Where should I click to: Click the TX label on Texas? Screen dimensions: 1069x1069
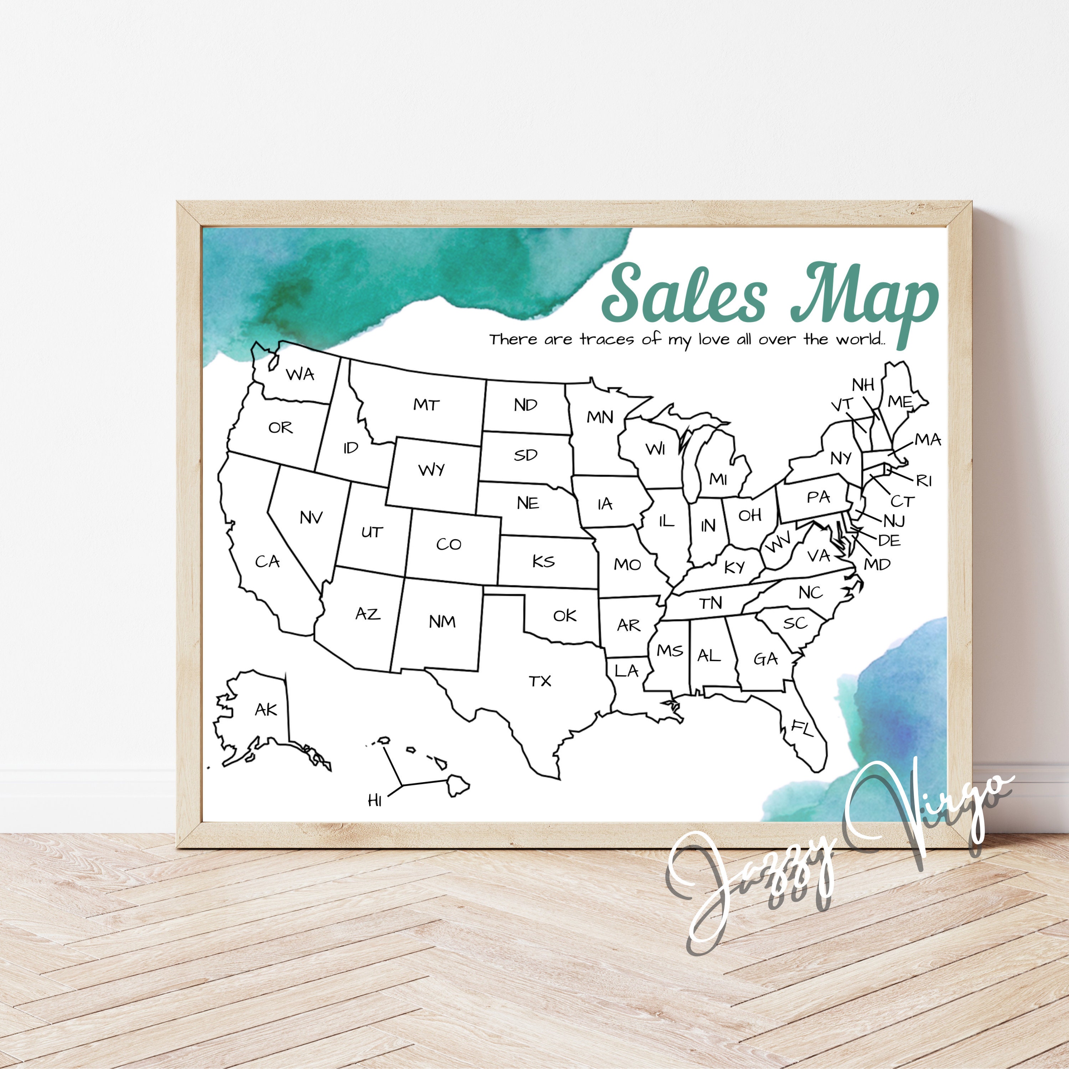click(x=540, y=681)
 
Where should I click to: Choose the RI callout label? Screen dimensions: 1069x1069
click(x=924, y=480)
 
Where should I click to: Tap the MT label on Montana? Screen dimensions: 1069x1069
click(x=426, y=405)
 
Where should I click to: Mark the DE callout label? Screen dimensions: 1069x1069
click(x=889, y=540)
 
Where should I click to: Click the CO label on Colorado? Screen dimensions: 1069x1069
click(x=448, y=544)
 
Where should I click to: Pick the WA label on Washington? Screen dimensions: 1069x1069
click(x=300, y=375)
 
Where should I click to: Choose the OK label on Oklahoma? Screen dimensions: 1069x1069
click(x=564, y=615)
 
